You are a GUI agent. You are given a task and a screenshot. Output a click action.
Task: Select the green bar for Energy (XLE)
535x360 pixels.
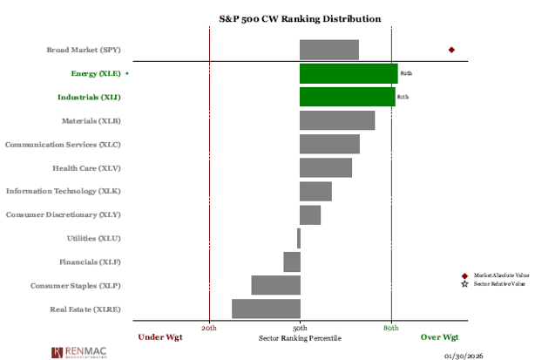tap(349, 73)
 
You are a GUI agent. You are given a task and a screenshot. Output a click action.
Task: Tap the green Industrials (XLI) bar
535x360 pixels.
tap(347, 97)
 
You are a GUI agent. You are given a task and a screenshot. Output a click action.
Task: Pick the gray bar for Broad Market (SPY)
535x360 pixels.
tap(329, 50)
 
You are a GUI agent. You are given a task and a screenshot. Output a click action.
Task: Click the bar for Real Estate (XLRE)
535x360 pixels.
tap(266, 309)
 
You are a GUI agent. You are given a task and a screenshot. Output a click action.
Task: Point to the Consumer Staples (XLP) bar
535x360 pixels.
tap(276, 285)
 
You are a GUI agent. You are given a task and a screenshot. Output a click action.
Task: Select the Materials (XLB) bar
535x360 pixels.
tap(337, 120)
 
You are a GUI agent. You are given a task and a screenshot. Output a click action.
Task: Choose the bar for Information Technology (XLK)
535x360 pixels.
tap(315, 191)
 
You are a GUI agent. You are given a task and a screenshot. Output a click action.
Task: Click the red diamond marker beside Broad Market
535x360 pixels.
tap(451, 50)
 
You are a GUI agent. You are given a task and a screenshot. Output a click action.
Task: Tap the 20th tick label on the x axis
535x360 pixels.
tap(209, 328)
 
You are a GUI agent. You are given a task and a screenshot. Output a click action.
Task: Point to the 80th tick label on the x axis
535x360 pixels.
tap(391, 328)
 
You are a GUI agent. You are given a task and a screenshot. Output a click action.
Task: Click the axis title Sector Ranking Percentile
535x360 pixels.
tap(301, 337)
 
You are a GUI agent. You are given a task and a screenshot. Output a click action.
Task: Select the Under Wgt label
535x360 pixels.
tap(160, 337)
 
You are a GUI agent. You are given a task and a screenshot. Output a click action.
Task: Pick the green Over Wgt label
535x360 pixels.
tap(439, 337)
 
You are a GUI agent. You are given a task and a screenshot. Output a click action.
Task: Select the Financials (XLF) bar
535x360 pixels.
tap(292, 262)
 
